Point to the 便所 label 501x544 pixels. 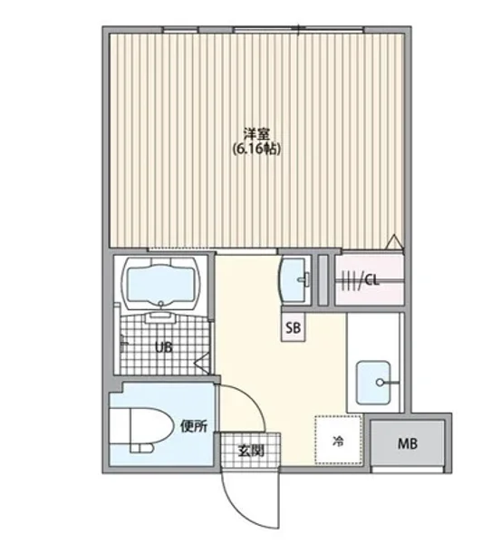(193, 426)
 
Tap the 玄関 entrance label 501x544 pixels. (251, 450)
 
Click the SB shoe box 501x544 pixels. (294, 327)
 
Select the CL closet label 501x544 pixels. (371, 280)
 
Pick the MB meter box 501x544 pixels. (409, 443)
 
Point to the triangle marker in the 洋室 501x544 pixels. (393, 242)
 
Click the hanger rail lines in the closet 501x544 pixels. (348, 280)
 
